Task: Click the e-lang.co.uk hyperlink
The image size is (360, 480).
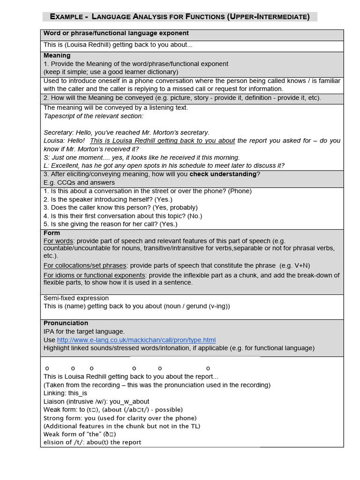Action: click(136, 340)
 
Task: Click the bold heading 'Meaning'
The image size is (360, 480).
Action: click(57, 55)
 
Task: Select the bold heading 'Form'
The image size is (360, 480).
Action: click(52, 233)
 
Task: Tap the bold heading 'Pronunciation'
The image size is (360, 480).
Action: click(66, 323)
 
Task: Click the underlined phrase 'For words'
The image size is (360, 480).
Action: click(59, 241)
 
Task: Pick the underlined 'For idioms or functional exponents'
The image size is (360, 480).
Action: click(94, 275)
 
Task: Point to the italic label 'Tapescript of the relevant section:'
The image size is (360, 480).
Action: click(94, 116)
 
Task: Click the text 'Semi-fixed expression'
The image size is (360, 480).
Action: click(76, 298)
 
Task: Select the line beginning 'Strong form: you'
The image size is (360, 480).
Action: click(120, 418)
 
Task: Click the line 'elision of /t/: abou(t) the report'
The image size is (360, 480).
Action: click(92, 442)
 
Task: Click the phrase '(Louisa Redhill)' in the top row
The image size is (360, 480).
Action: click(94, 45)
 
